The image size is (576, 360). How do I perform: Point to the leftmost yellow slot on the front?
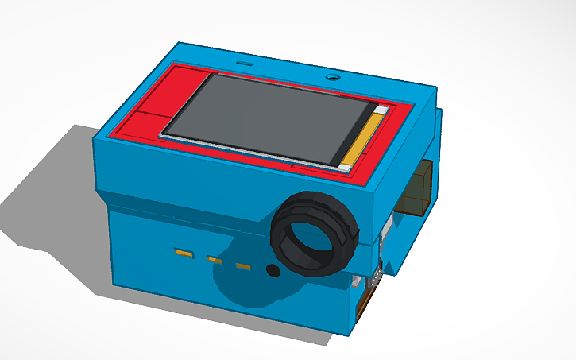click(x=184, y=254)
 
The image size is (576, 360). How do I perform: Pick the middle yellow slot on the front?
click(x=214, y=258)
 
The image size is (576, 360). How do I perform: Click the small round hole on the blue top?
click(x=333, y=78)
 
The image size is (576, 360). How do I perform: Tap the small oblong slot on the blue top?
click(x=243, y=61)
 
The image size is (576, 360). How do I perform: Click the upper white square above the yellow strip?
click(x=381, y=109)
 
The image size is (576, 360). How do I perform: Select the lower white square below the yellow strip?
click(x=344, y=168)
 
